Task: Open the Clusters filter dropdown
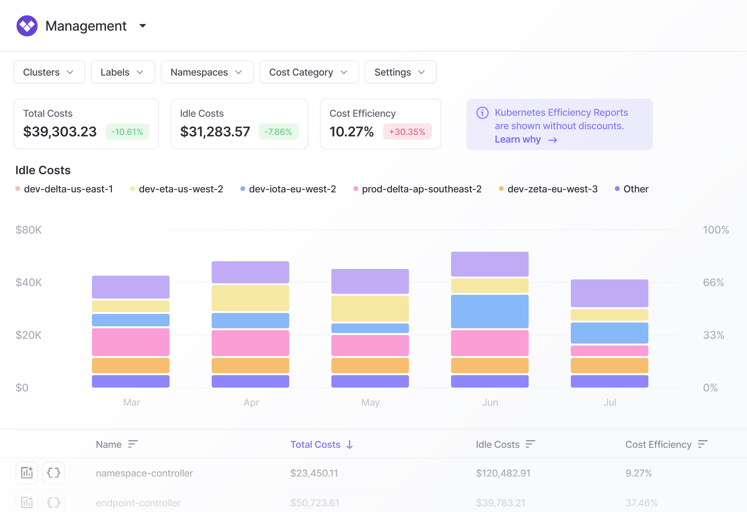pos(49,72)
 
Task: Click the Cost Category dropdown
pos(309,72)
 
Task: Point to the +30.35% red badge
pos(407,132)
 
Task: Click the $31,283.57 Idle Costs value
pos(215,132)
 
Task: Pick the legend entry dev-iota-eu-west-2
pos(292,189)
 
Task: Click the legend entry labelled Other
pos(635,189)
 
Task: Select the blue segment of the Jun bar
pos(490,311)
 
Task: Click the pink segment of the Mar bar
pos(130,342)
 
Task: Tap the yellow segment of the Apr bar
pos(250,298)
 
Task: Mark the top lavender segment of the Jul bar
pos(609,293)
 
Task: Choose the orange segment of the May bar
pos(370,365)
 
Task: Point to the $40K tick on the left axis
pos(28,282)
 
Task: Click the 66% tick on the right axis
pos(713,282)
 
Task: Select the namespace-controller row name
pos(144,473)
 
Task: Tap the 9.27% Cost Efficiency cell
pos(638,473)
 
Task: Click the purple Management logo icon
pos(27,26)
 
